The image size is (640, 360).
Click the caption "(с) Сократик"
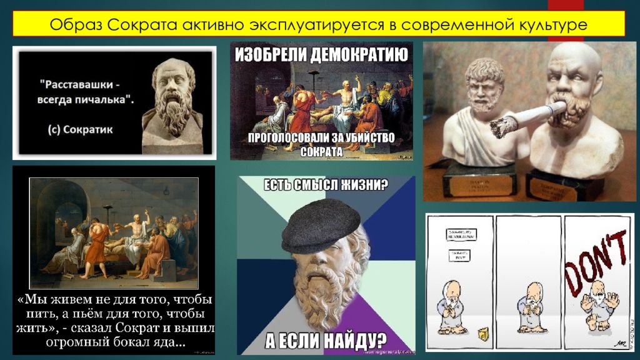[x=81, y=130]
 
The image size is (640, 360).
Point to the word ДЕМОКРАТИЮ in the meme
[x=355, y=54]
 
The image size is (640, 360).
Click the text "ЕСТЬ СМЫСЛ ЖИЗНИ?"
[x=326, y=186]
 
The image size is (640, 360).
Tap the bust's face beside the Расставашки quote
[x=172, y=87]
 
